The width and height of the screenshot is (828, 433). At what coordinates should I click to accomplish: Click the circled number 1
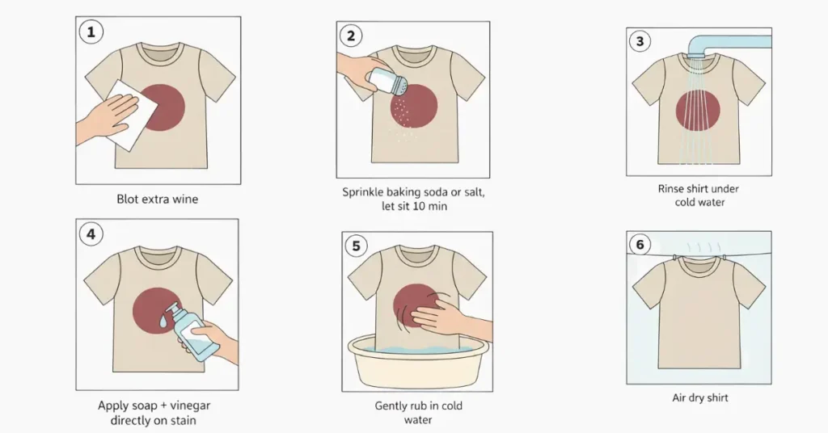point(91,32)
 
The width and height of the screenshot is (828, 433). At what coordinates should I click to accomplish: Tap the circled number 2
point(351,36)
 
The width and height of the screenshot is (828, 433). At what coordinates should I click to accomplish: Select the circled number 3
point(640,41)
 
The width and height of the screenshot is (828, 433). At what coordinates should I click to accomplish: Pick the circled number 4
point(91,233)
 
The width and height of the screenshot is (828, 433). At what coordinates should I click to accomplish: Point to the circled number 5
point(356,246)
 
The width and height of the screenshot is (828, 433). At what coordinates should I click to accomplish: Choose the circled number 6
point(640,245)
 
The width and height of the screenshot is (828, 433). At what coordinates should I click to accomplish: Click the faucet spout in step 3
point(729,45)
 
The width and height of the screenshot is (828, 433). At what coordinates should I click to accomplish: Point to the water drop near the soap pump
point(163,319)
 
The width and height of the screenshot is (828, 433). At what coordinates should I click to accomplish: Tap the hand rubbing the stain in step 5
point(449,315)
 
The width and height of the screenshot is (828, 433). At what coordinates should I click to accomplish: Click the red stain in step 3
point(698,111)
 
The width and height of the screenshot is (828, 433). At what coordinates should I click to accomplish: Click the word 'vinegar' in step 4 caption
point(191,406)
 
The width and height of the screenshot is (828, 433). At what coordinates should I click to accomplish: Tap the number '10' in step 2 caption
point(419,206)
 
